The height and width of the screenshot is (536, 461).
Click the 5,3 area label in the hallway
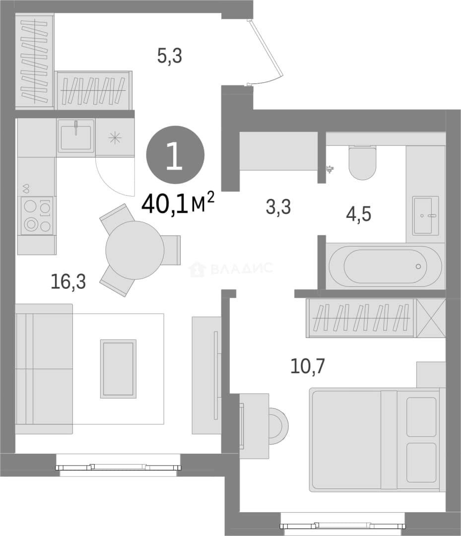tap(170, 56)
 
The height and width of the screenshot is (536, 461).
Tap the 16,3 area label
tap(68, 282)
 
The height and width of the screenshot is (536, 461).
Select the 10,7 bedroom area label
tap(308, 366)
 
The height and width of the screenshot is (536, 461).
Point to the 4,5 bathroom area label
tap(358, 214)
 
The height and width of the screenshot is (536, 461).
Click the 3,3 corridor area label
tap(278, 207)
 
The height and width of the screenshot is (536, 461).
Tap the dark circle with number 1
tap(175, 155)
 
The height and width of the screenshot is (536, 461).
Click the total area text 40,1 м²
tap(178, 203)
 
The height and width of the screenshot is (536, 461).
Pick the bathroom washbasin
tap(425, 215)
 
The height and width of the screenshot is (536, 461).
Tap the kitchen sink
tap(76, 135)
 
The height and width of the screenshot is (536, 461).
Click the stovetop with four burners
tap(37, 216)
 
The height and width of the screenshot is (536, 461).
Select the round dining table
tap(134, 250)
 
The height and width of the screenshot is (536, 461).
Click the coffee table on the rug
tap(118, 369)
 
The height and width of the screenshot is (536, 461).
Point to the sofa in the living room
tap(44, 369)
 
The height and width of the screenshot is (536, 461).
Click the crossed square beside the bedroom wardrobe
tap(431, 318)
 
